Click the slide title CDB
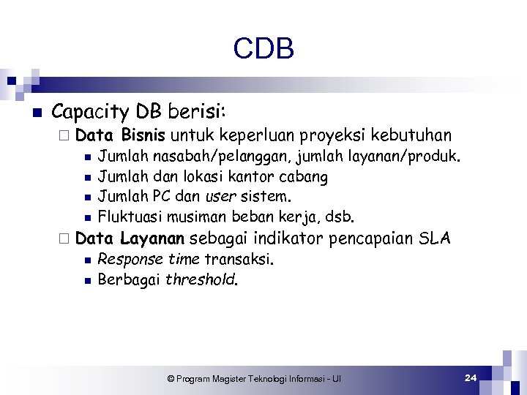click(263, 49)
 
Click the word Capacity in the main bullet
click(91, 113)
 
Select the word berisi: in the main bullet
click(198, 112)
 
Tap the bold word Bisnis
click(145, 135)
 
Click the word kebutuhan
click(411, 135)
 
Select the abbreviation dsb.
click(342, 217)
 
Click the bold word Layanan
click(153, 238)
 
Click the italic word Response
click(130, 260)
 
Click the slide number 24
click(471, 377)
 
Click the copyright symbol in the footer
click(171, 379)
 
